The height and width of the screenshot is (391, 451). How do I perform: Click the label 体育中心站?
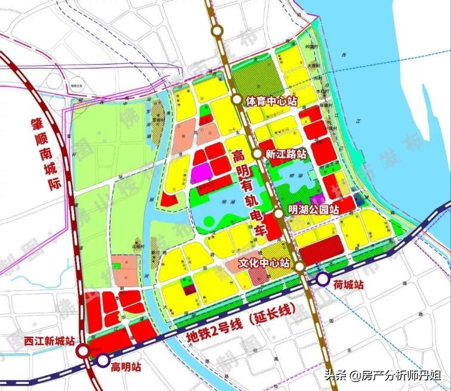pos(271,101)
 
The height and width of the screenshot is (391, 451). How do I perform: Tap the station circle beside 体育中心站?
pos(237,100)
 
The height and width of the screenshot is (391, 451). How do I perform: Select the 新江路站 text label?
pos(286,154)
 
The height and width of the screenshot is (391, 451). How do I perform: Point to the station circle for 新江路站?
pos(257,153)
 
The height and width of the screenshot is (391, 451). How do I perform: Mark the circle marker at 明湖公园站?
pos(279,213)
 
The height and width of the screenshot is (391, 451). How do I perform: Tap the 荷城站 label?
pos(348,285)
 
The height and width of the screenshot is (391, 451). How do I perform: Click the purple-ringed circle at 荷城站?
pos(323,279)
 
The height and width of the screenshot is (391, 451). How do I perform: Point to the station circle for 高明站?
pos(103,360)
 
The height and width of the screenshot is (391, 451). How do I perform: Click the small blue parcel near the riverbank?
pos(357,198)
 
